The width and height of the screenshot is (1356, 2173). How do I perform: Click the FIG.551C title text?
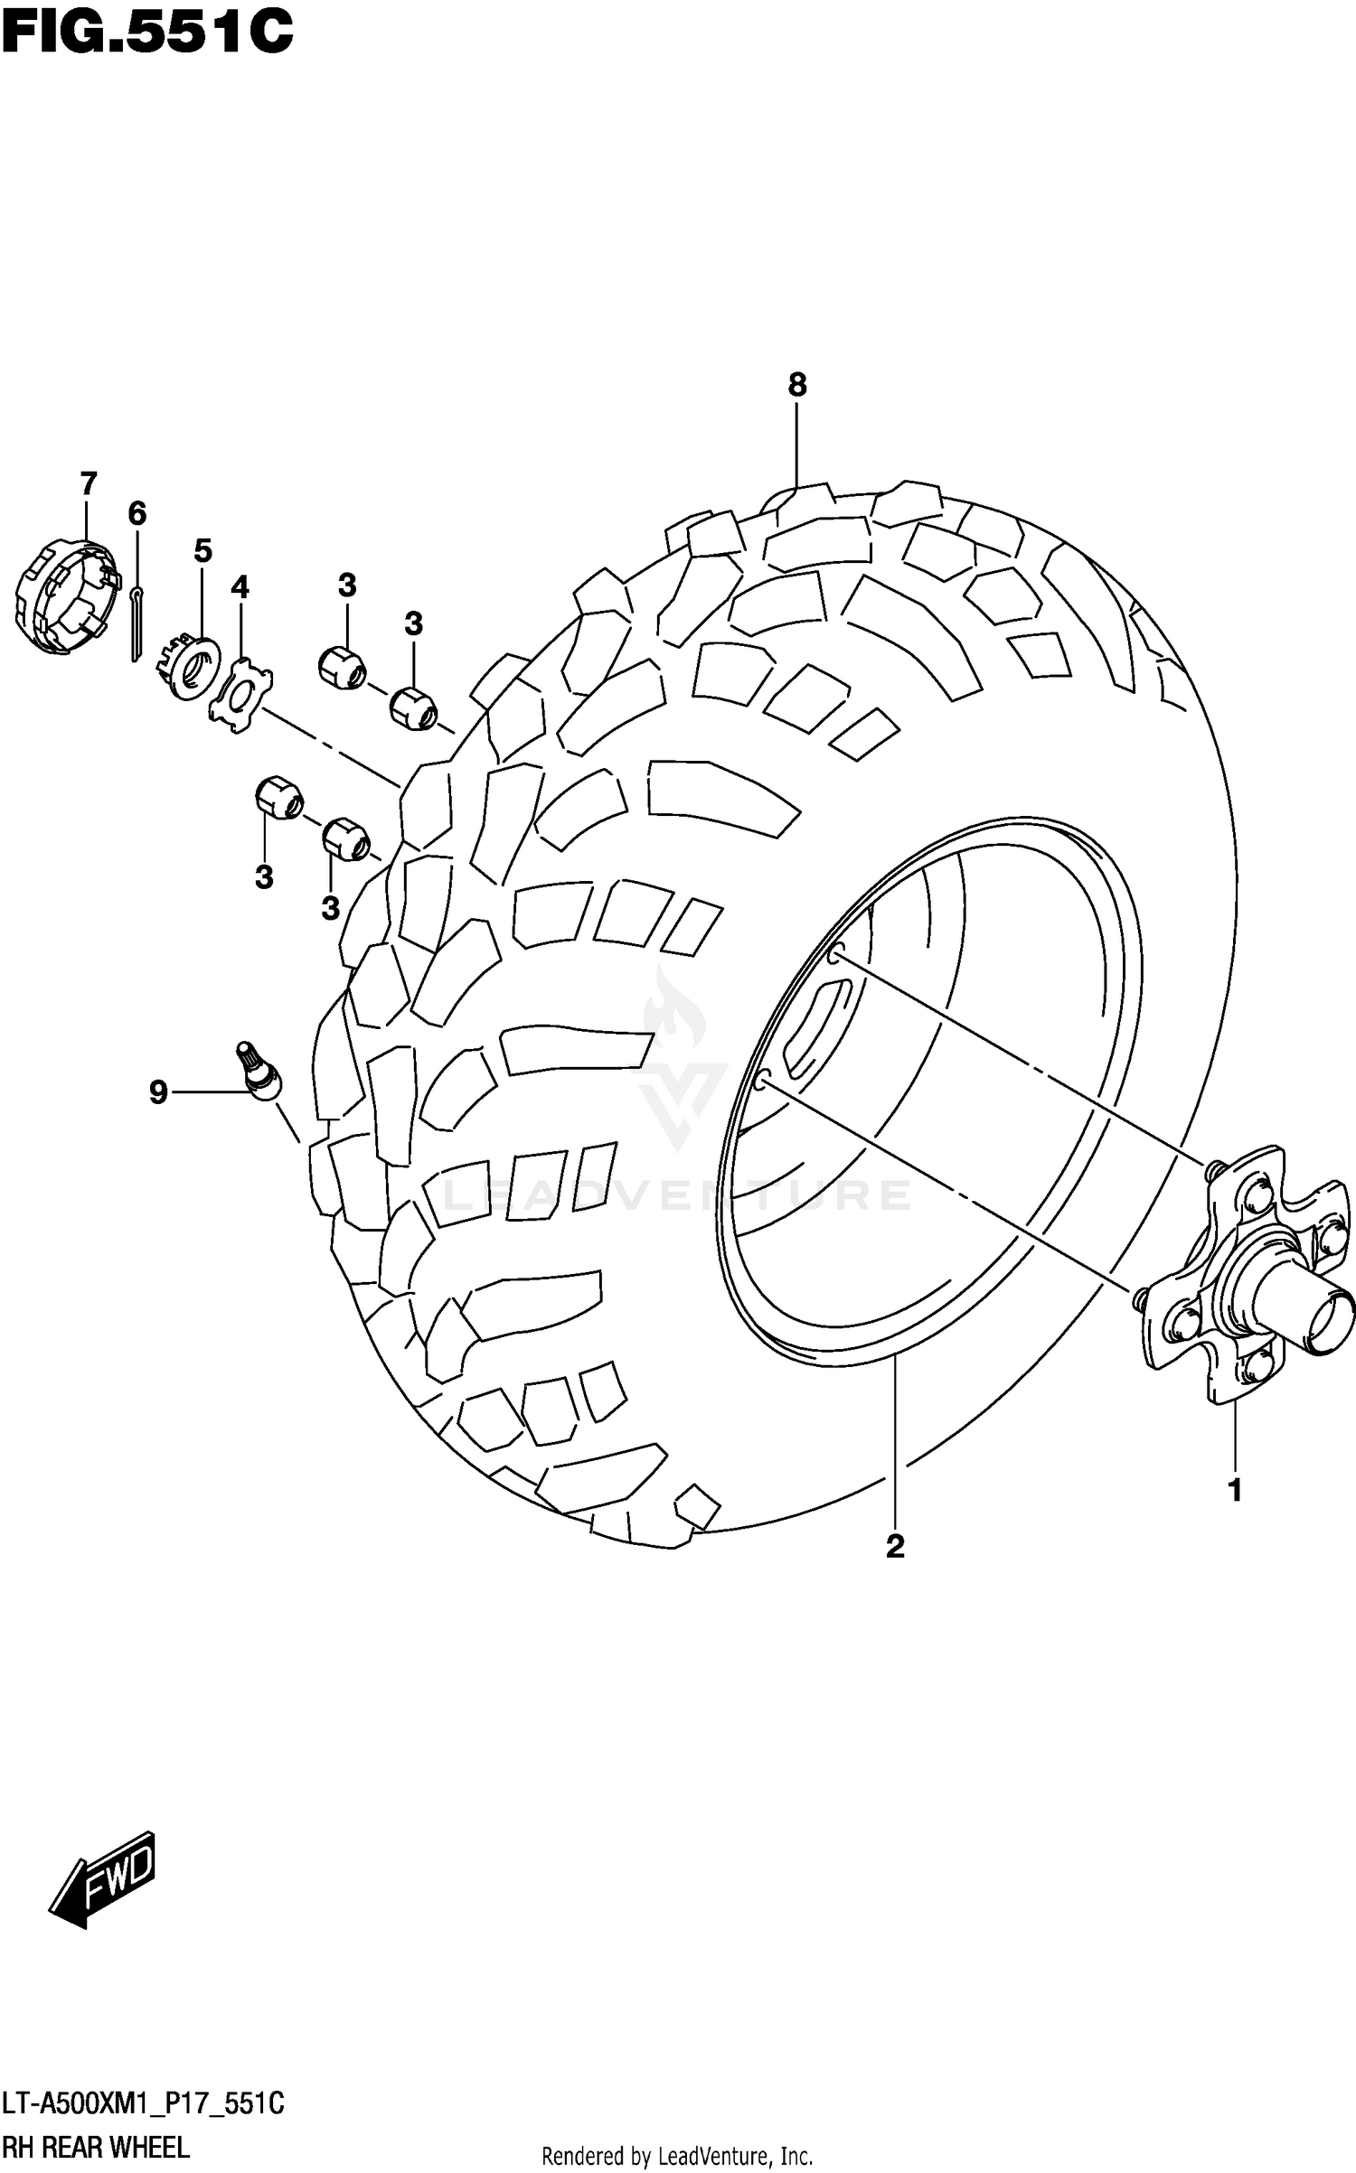(x=148, y=33)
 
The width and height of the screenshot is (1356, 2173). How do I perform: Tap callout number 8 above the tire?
(x=796, y=385)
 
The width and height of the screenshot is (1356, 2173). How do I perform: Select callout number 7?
(x=88, y=484)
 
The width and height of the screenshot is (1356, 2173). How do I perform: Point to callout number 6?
(x=137, y=514)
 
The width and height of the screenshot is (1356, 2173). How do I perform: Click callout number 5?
(x=202, y=550)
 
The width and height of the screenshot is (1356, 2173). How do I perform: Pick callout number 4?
(x=239, y=588)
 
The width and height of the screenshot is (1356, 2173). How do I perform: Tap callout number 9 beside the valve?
(x=158, y=1092)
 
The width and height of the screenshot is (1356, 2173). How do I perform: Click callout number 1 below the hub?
(x=1235, y=1490)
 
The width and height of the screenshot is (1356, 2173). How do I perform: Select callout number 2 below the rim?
(x=895, y=1546)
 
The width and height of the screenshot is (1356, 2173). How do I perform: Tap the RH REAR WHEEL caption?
(x=96, y=2148)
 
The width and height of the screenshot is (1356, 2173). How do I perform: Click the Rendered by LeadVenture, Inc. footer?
(x=677, y=2156)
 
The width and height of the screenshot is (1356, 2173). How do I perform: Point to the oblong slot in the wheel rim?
(x=815, y=1029)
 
